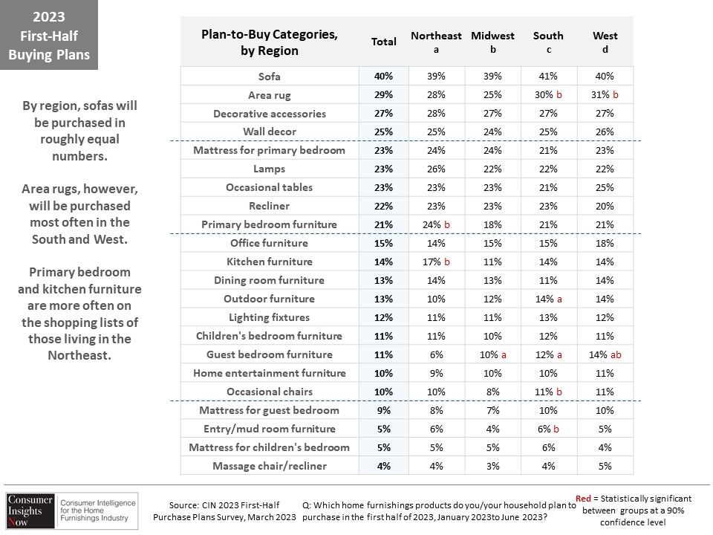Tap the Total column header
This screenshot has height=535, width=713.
(384, 42)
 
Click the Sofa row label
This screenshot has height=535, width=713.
(269, 77)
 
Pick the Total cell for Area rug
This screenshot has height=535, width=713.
(384, 94)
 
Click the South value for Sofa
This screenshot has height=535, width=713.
(548, 76)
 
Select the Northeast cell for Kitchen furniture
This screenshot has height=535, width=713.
(436, 262)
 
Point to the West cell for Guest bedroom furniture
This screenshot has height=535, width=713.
(605, 354)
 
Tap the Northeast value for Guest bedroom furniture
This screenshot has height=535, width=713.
(436, 354)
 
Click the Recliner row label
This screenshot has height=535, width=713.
(269, 206)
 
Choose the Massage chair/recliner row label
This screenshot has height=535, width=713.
(270, 466)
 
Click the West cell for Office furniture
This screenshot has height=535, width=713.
(605, 243)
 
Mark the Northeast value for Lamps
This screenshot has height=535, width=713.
(436, 169)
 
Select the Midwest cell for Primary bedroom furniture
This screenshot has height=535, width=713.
(492, 224)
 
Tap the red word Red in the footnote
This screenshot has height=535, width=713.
(583, 499)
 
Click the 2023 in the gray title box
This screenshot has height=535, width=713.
(49, 17)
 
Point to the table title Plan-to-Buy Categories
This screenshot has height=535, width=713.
(269, 34)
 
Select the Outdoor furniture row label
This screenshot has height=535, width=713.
(269, 299)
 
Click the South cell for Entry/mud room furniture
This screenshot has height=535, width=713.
(548, 429)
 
